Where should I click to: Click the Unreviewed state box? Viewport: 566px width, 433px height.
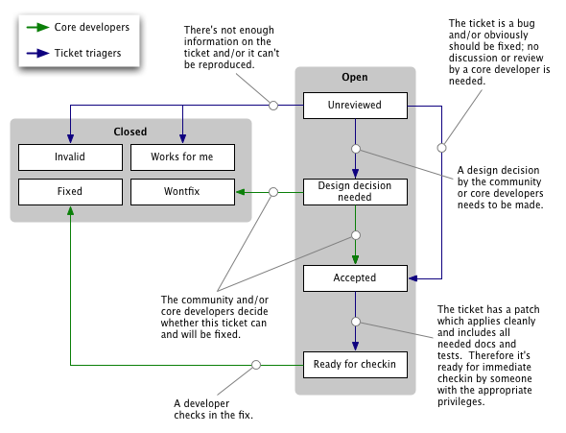[x=354, y=105]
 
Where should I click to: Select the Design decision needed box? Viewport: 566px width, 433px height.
[x=354, y=191]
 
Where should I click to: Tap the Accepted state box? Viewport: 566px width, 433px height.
[x=354, y=278]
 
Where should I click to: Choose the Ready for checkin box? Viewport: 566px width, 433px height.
[x=354, y=365]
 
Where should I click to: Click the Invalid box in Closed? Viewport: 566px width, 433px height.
[x=70, y=156]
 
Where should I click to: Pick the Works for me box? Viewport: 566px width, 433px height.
[x=181, y=156]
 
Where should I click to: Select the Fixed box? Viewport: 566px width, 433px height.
[x=70, y=191]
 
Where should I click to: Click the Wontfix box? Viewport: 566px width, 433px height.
[x=181, y=191]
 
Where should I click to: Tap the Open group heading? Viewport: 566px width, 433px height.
[x=354, y=78]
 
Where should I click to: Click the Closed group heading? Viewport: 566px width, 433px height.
[x=130, y=131]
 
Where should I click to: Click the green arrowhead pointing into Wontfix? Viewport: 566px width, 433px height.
[x=242, y=192]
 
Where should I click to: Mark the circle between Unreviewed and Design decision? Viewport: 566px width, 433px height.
[x=355, y=149]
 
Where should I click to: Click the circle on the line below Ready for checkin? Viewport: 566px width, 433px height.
[x=256, y=365]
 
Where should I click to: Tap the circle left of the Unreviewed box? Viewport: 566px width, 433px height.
[x=272, y=105]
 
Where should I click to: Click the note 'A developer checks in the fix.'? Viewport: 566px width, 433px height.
[x=213, y=408]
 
